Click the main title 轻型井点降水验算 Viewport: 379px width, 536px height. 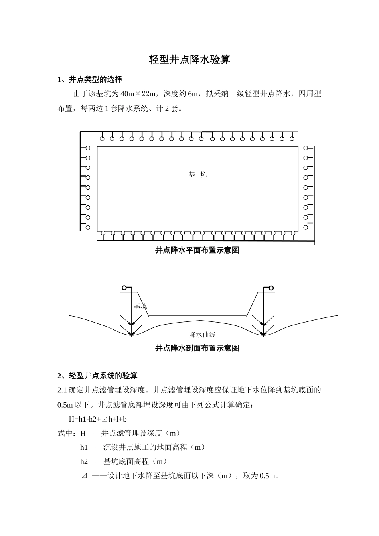(189, 60)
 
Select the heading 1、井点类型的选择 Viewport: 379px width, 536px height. (90, 79)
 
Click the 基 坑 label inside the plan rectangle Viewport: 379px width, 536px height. (197, 175)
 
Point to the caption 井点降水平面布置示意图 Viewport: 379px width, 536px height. (197, 250)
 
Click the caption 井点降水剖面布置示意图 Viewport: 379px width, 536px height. (197, 348)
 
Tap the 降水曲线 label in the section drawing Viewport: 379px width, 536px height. (202, 335)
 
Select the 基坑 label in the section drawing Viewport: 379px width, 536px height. (140, 306)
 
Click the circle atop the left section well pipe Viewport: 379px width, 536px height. (124, 288)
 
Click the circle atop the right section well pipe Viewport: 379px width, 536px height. (271, 288)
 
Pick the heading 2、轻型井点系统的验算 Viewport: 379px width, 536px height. (97, 376)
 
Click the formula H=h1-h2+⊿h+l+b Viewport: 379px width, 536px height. (98, 419)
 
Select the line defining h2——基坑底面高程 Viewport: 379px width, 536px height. (124, 461)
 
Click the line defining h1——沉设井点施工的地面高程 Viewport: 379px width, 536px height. (143, 447)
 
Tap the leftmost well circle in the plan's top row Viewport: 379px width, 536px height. (102, 139)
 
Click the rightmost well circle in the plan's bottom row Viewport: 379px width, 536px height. (293, 233)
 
